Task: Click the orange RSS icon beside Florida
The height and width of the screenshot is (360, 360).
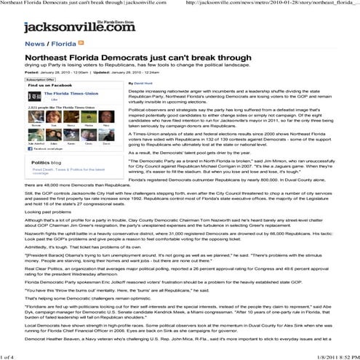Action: click(x=80, y=44)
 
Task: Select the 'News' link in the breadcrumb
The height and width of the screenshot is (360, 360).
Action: click(x=33, y=44)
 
